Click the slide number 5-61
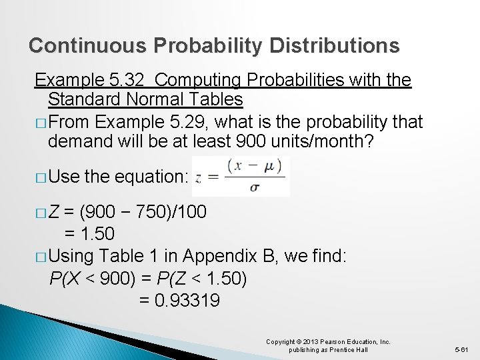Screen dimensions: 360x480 pos(462,349)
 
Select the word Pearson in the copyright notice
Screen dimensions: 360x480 pos(322,342)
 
